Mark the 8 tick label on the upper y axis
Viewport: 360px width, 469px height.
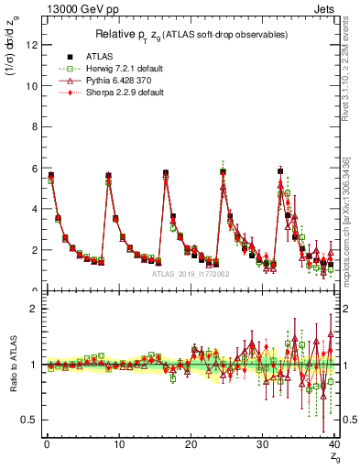coord(33,126)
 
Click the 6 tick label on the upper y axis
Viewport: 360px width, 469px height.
coord(33,168)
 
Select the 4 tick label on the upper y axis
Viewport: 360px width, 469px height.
coord(33,209)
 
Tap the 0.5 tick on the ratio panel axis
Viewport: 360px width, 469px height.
coord(28,420)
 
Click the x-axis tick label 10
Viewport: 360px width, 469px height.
coord(118,445)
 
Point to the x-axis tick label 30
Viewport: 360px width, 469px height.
coord(263,445)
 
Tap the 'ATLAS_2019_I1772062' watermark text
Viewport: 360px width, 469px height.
coord(191,274)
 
